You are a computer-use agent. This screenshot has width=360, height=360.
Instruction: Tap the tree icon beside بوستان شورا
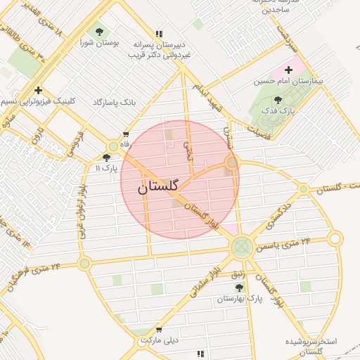coord(99,32)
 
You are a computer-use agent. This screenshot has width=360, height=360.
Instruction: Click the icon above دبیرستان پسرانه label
coord(159,34)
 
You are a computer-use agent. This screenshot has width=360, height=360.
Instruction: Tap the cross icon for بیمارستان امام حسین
coord(288,70)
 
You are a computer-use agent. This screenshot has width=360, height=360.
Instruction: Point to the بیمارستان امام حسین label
coord(289,82)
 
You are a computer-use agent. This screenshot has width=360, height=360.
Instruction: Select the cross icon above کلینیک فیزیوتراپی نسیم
coord(38,90)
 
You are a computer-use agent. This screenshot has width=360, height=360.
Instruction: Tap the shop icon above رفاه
coord(126,134)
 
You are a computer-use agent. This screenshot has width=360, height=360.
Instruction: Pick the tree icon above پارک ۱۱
coord(106,158)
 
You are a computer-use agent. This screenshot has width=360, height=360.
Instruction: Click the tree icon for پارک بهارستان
coord(239,288)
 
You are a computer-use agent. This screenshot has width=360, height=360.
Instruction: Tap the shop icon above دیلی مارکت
coord(159,329)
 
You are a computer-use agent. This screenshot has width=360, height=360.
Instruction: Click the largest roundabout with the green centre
coord(242,246)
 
